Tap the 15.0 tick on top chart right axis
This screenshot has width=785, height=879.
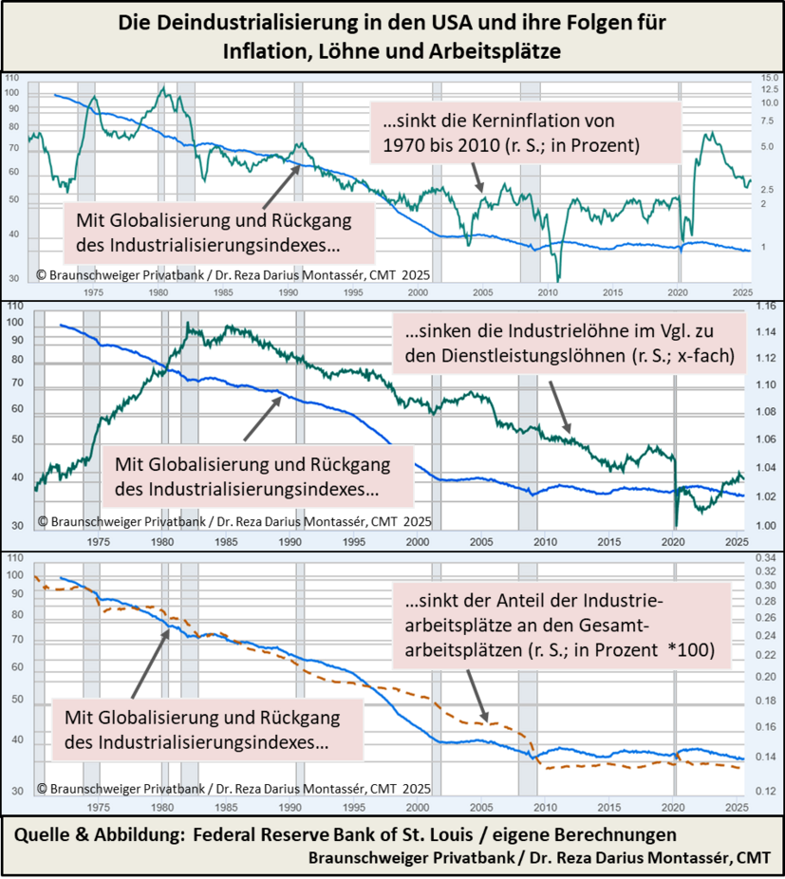click(x=770, y=78)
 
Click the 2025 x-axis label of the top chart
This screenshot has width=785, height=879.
click(x=741, y=292)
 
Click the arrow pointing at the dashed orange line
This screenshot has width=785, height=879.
click(x=480, y=701)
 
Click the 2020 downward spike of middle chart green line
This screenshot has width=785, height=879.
click(x=677, y=525)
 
